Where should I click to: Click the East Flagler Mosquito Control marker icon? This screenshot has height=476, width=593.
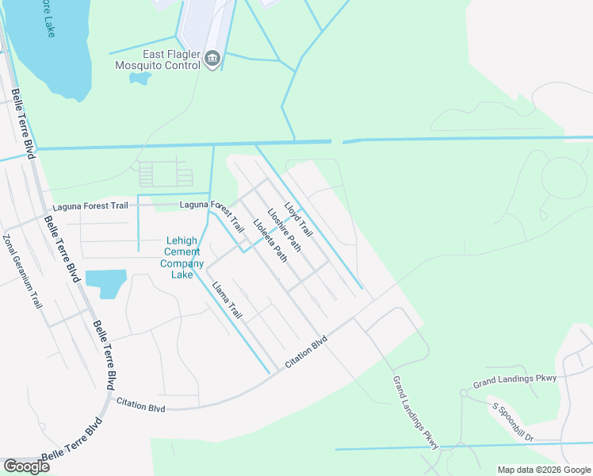coord(212,58)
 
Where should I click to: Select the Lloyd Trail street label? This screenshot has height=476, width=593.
coord(299,219)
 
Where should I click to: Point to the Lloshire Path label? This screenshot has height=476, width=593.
coord(284,228)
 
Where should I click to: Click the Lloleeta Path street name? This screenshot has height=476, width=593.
coord(270,240)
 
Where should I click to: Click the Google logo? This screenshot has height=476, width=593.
coord(26,466)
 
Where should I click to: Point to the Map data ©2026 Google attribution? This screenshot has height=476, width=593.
coord(544,470)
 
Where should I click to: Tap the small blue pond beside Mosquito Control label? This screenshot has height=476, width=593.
coord(140,79)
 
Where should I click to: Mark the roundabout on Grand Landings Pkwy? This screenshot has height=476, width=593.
coord(464,393)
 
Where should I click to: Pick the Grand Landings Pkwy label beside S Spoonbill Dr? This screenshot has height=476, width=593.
coord(515,381)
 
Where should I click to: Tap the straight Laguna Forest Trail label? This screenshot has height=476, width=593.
coord(86,205)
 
